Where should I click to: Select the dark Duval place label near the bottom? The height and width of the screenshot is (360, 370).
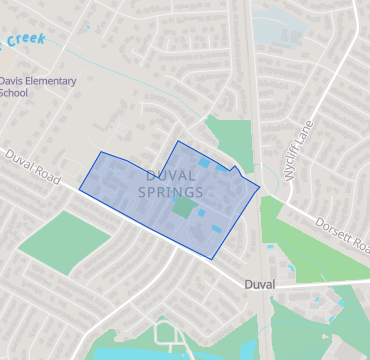[260, 285]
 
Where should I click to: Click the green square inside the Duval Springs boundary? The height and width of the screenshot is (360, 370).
[184, 207]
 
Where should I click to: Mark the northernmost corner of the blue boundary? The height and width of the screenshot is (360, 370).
[178, 142]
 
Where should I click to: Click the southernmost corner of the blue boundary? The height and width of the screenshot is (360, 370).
[212, 259]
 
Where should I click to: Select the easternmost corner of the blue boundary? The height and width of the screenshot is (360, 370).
[260, 186]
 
